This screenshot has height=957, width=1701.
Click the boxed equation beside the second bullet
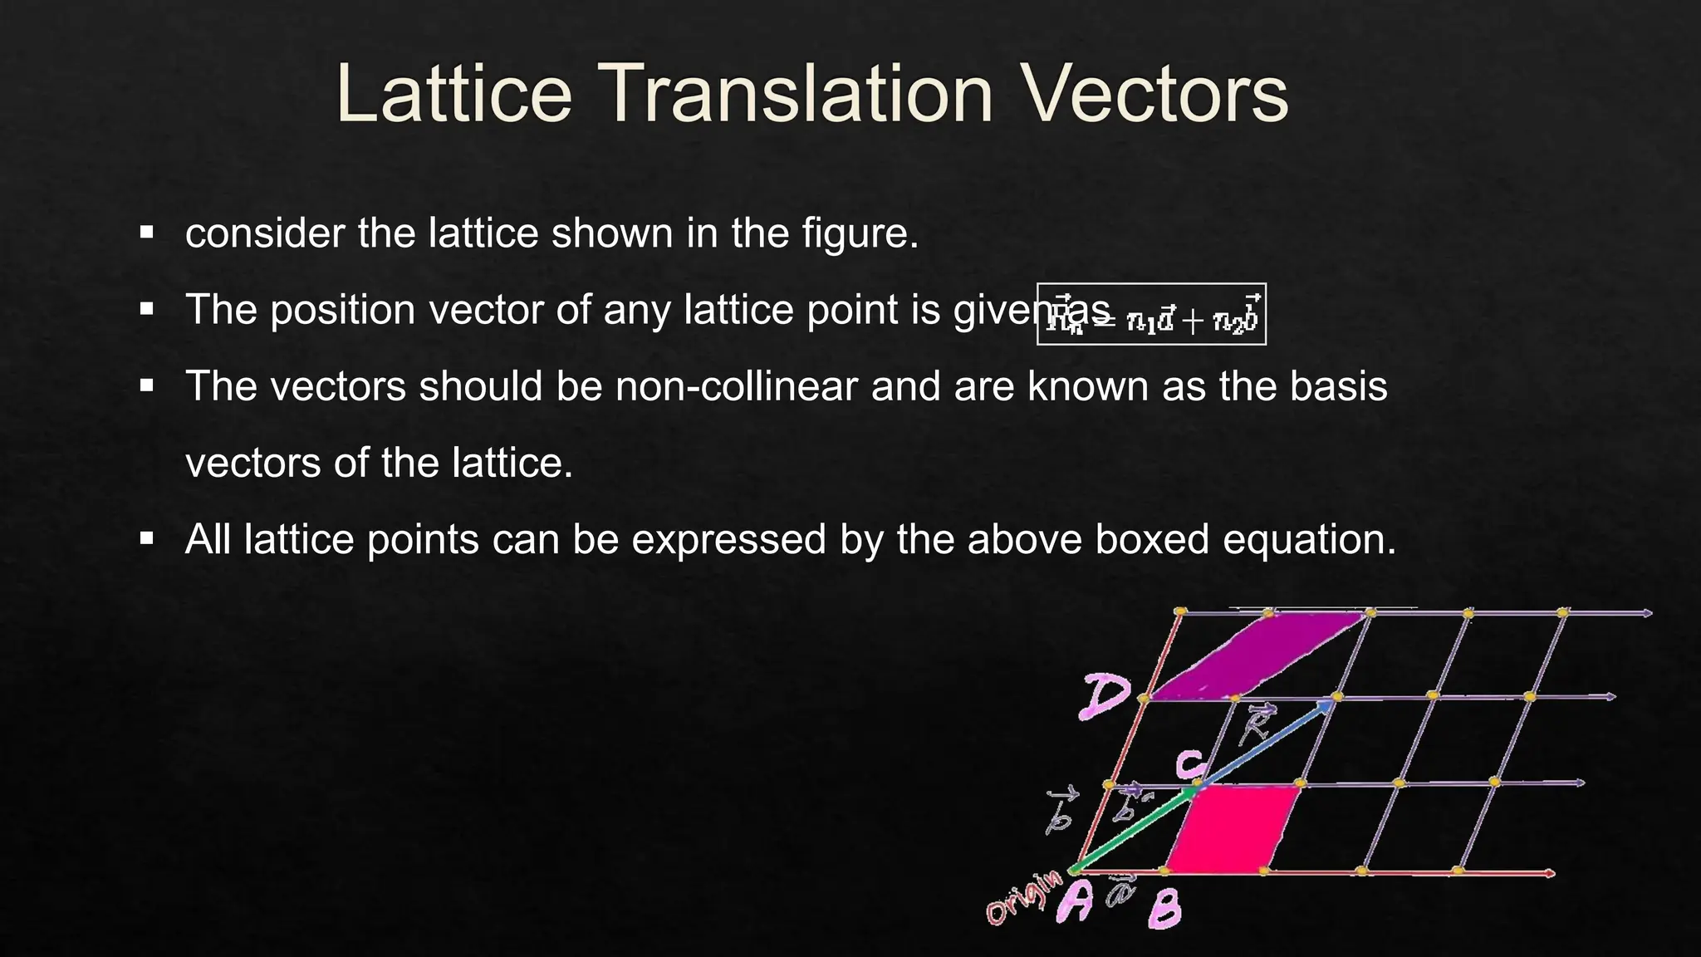point(1151,314)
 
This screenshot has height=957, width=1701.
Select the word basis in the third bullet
point(1338,386)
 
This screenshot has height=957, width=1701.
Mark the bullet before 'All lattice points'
point(147,539)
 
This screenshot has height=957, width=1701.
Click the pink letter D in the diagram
point(1105,696)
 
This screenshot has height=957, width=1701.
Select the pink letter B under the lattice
point(1164,910)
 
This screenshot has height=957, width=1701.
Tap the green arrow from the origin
point(1134,831)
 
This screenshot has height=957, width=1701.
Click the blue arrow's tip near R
point(1331,704)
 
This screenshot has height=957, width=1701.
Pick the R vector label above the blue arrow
point(1257,724)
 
